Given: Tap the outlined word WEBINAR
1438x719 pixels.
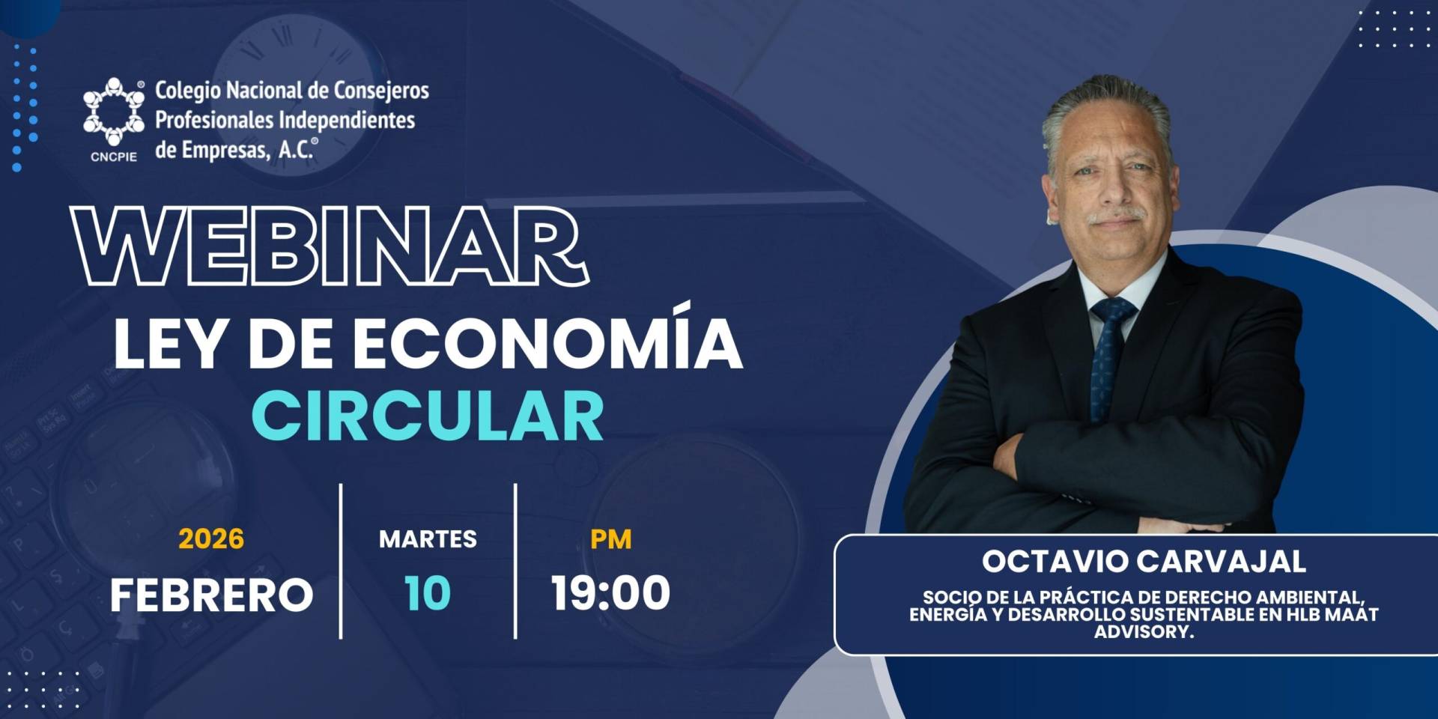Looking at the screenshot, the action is (330, 246).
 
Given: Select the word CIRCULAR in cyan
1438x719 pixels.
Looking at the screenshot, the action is (428, 416).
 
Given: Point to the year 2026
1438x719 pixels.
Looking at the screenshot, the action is (211, 539).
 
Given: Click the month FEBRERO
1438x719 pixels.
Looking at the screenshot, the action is (211, 595).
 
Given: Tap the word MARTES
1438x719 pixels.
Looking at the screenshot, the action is (428, 539).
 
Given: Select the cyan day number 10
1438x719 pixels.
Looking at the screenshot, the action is (428, 593).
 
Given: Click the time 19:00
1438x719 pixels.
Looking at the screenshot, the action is (610, 593).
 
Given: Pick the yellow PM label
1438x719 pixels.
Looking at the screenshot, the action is (610, 539).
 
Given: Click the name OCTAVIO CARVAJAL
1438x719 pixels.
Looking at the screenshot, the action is (1144, 562).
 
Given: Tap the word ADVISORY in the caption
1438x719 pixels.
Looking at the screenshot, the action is (1144, 631).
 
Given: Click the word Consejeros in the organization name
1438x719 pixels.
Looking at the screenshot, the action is (381, 91).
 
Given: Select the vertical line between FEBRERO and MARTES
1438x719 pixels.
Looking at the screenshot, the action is (341, 561).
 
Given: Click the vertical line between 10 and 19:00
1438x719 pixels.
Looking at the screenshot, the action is (515, 561).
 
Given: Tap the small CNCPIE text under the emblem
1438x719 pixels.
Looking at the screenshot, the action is (114, 157).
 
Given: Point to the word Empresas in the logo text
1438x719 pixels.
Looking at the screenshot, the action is (224, 151).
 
